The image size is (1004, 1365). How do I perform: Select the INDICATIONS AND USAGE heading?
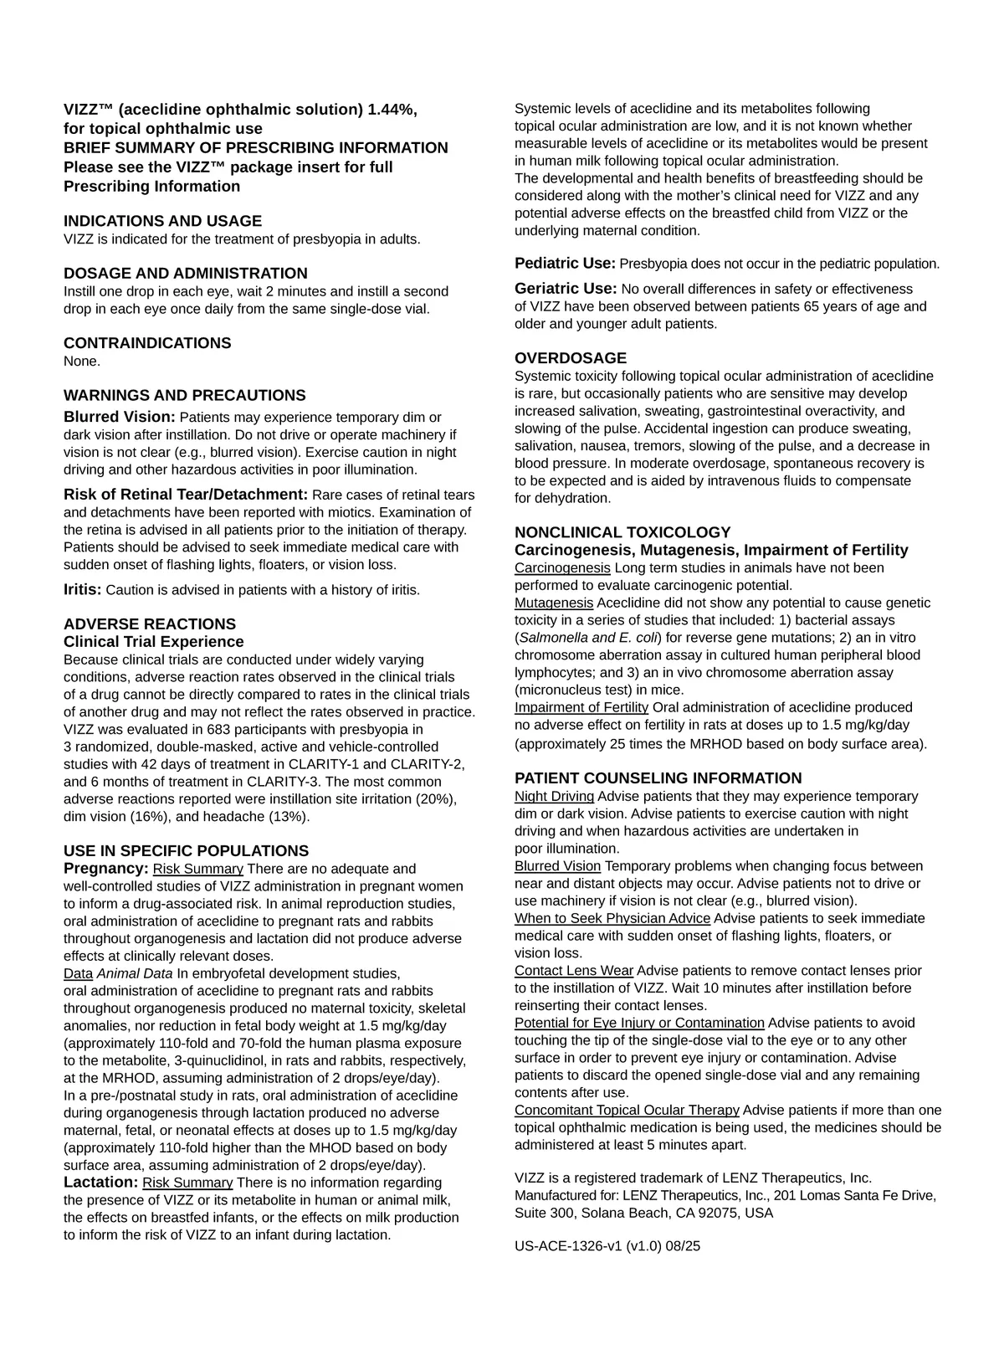(162, 221)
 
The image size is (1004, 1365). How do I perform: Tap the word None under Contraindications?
(81, 362)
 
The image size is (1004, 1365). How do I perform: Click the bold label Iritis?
(83, 589)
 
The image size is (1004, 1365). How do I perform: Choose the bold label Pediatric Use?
(565, 264)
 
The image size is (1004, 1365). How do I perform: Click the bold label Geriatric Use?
(566, 289)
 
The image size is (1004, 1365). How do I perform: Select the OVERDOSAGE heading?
(570, 358)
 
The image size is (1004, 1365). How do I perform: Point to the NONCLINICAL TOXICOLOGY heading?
(622, 532)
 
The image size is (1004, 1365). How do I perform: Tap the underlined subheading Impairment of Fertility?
(581, 707)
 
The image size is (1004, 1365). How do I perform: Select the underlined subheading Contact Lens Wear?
(574, 971)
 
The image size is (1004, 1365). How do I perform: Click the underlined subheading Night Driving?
(554, 796)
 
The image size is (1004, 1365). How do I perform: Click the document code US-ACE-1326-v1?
(568, 1246)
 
